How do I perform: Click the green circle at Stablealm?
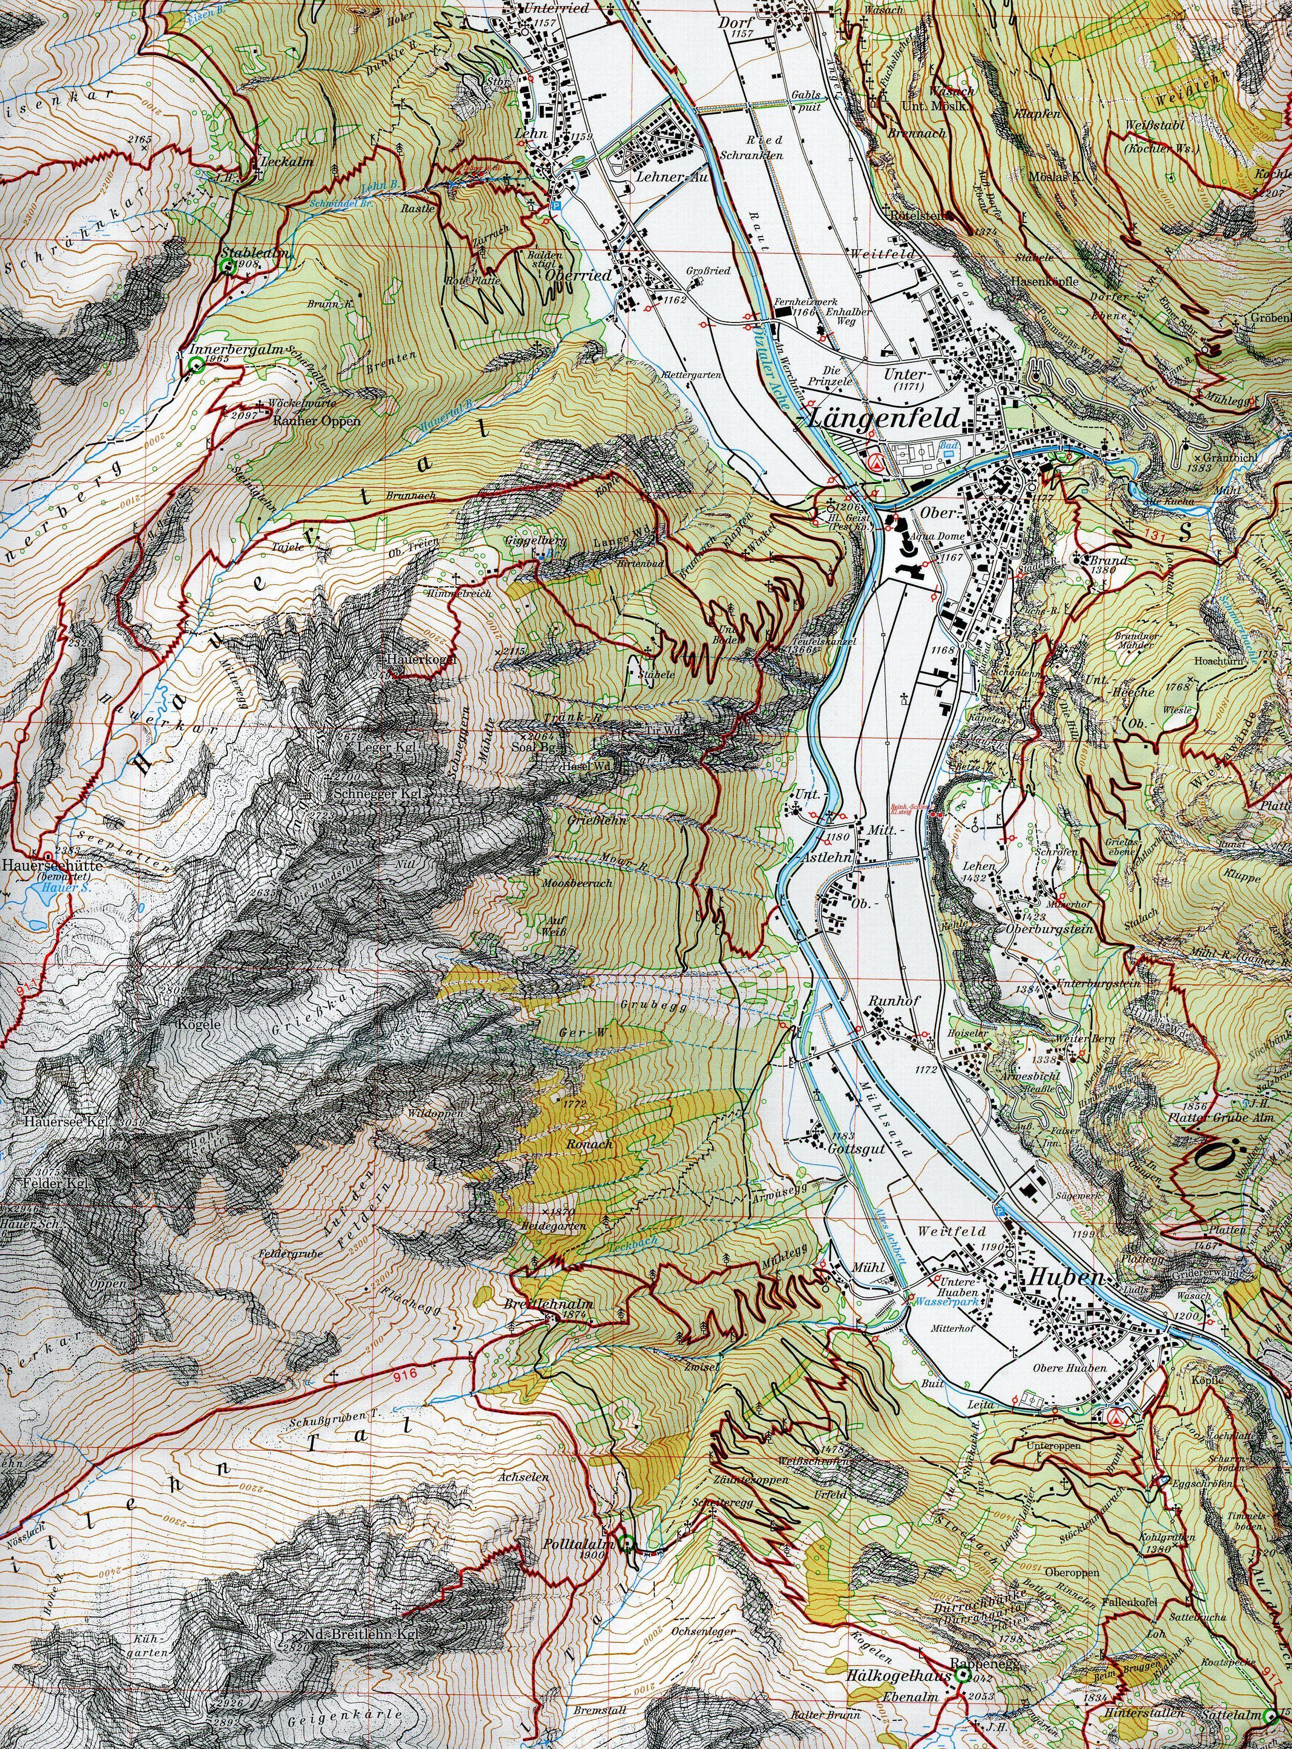(229, 267)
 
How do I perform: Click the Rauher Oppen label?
(317, 421)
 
